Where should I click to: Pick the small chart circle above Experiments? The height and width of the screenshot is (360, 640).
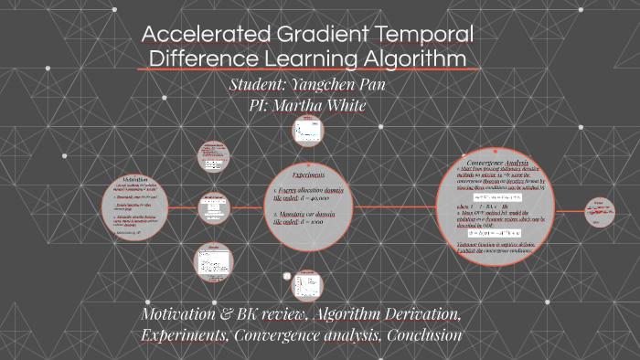tap(304, 132)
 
